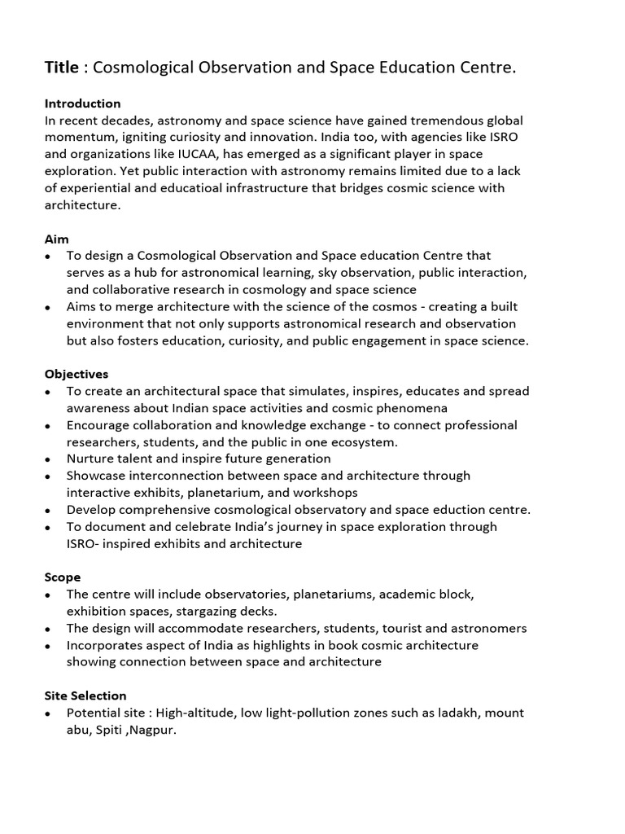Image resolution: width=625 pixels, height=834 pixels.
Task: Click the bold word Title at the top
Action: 62,68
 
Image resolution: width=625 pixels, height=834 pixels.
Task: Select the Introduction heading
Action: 82,103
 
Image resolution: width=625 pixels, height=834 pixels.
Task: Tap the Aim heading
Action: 56,239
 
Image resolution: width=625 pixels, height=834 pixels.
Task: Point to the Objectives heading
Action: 76,374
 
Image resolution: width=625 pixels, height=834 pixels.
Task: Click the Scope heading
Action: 62,577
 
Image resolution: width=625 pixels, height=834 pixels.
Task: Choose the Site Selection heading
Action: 85,696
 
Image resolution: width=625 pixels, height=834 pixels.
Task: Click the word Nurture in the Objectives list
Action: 91,459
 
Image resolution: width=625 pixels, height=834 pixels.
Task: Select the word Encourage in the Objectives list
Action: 99,425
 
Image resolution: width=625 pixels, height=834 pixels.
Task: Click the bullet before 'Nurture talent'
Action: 49,459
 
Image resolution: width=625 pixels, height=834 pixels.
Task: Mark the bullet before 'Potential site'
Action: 49,713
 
